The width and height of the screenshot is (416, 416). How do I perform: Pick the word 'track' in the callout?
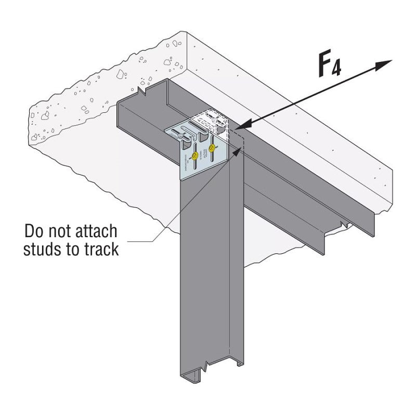point(102,249)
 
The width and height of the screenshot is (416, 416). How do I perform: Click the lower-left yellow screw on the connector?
point(193,155)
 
